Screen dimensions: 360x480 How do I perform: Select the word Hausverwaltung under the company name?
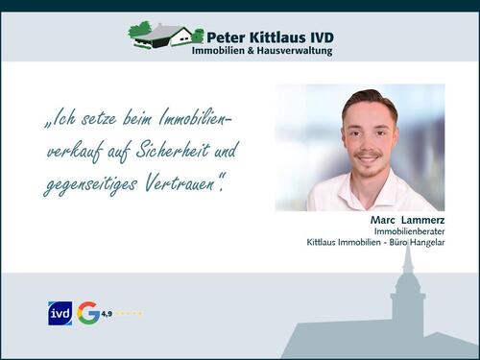click(294, 51)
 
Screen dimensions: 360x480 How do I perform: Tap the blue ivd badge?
click(60, 313)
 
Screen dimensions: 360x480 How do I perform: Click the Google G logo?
click(88, 313)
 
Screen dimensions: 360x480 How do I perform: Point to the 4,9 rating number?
click(108, 313)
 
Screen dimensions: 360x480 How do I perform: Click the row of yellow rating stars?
click(130, 313)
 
